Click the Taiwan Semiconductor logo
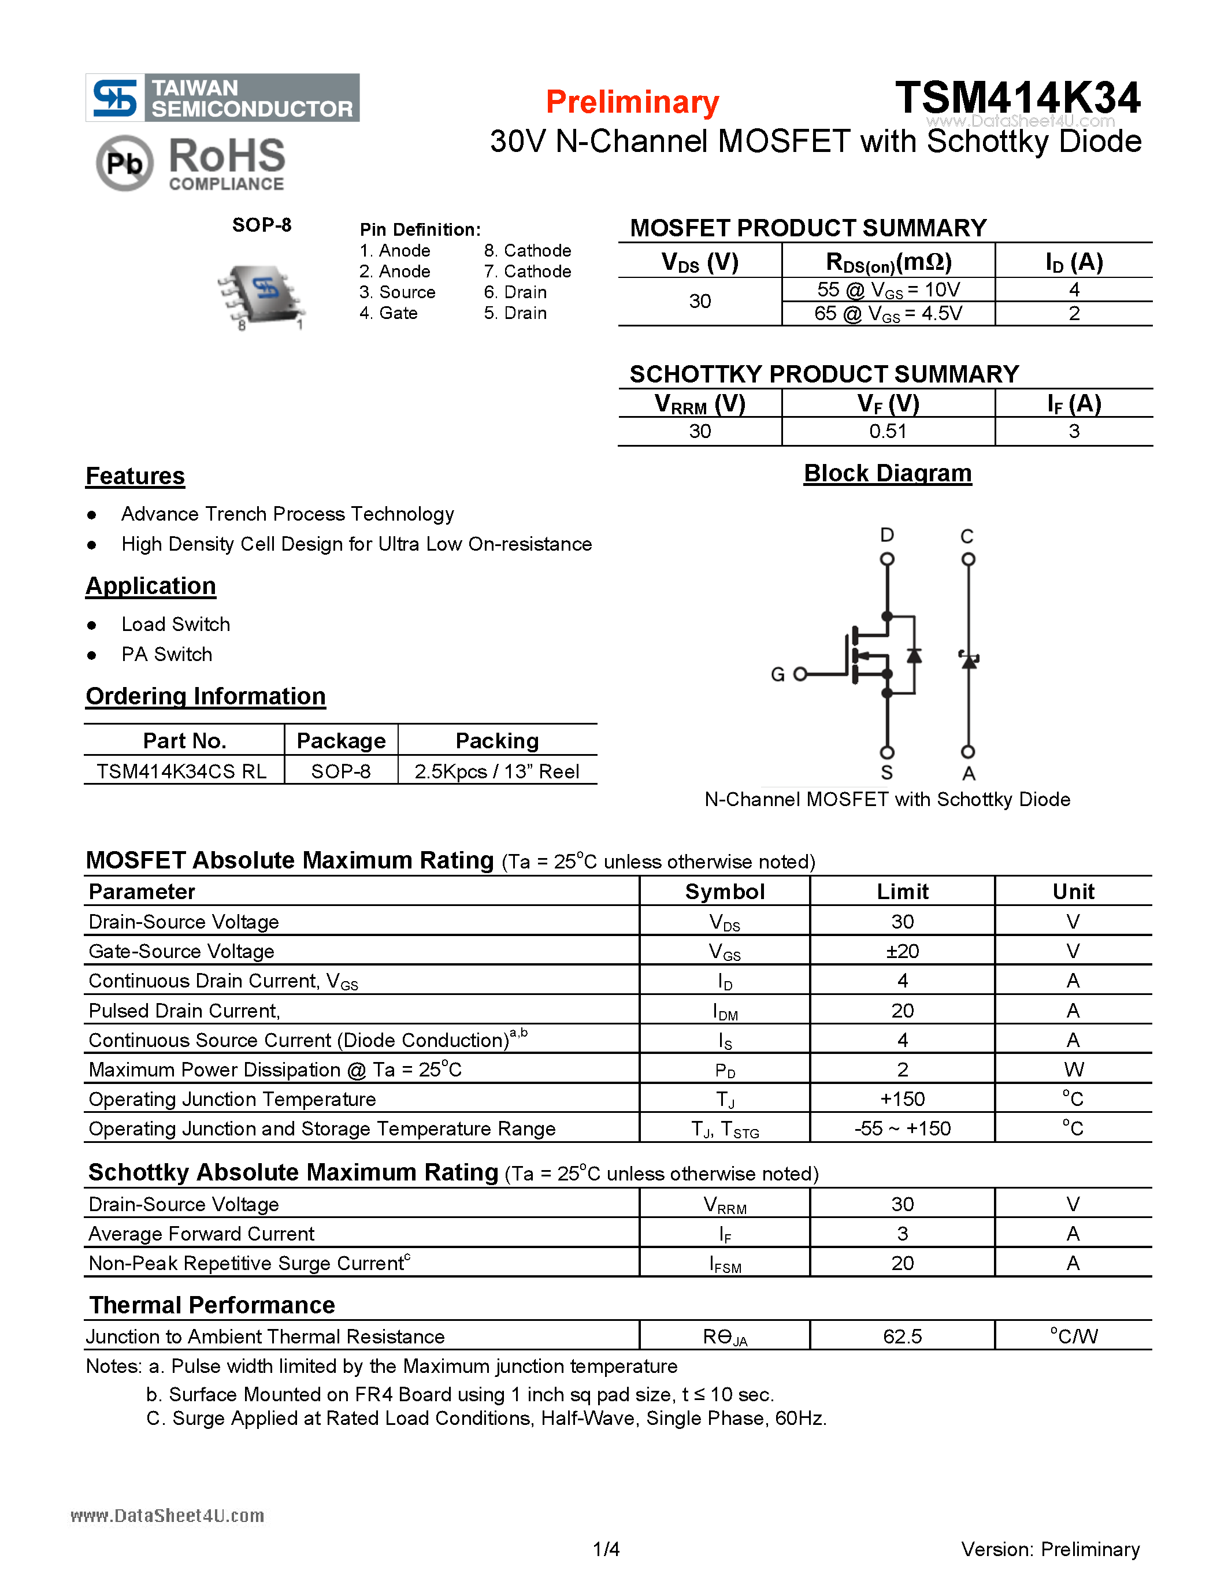pyautogui.click(x=222, y=98)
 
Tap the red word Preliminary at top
pyautogui.click(x=632, y=102)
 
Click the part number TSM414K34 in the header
pyautogui.click(x=1017, y=98)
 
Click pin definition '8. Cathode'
pyautogui.click(x=528, y=250)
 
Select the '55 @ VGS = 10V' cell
pyautogui.click(x=888, y=289)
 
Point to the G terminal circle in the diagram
pyautogui.click(x=800, y=674)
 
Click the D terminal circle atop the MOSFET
pyautogui.click(x=887, y=559)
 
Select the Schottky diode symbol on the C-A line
pyautogui.click(x=969, y=659)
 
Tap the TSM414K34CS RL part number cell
pyautogui.click(x=182, y=771)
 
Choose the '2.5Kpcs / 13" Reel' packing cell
pyautogui.click(x=497, y=771)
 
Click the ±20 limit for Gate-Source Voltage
pyautogui.click(x=902, y=951)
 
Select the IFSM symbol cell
pyautogui.click(x=725, y=1264)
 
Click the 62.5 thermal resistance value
pyautogui.click(x=902, y=1336)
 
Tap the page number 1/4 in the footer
pyautogui.click(x=606, y=1549)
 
